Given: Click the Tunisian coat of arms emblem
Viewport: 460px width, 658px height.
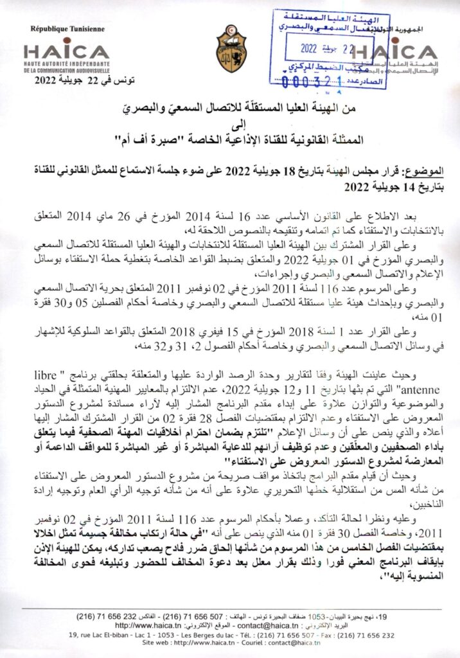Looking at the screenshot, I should (x=229, y=49).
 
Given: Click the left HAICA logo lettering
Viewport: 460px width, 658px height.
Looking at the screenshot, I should (x=66, y=51).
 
